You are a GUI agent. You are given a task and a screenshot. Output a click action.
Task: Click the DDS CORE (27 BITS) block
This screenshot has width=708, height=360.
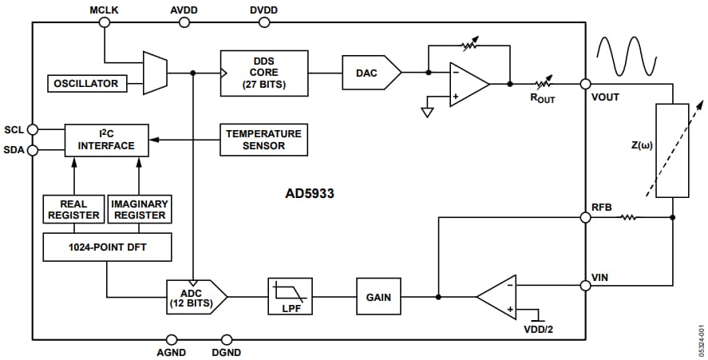pyautogui.click(x=264, y=73)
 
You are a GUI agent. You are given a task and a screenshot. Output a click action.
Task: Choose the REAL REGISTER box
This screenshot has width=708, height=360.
pyautogui.click(x=73, y=208)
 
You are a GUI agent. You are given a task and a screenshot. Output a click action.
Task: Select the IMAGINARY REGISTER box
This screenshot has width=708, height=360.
pyautogui.click(x=139, y=208)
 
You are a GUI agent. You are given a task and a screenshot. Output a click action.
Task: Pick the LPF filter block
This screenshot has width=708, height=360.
pyautogui.click(x=291, y=297)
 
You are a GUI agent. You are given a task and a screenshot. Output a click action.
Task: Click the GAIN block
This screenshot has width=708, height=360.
pyautogui.click(x=378, y=297)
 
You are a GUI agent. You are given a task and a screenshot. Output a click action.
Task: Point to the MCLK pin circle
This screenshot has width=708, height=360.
pyautogui.click(x=104, y=22)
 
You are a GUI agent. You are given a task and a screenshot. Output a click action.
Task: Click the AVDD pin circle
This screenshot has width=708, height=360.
pyautogui.click(x=184, y=22)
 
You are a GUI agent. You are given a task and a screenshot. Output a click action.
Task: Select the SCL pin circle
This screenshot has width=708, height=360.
pyautogui.click(x=33, y=129)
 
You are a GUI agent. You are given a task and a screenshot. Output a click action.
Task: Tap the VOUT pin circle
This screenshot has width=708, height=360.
pyautogui.click(x=586, y=84)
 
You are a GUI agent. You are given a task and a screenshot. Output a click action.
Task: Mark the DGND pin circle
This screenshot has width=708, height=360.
pyautogui.click(x=227, y=339)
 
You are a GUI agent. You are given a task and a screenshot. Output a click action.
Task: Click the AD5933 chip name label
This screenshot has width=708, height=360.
pyautogui.click(x=310, y=193)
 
